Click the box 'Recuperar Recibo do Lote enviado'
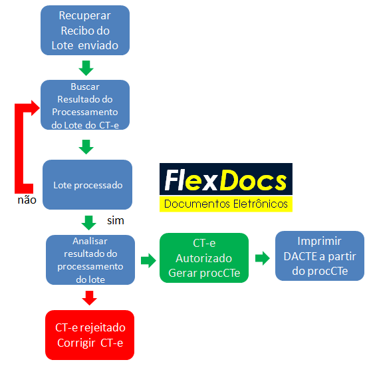pyautogui.click(x=84, y=31)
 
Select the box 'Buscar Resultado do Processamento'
pyautogui.click(x=84, y=105)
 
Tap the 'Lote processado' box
pyautogui.click(x=88, y=184)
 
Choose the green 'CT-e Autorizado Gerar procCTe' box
pyautogui.click(x=203, y=258)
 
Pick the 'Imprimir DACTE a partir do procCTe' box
pyautogui.click(x=320, y=256)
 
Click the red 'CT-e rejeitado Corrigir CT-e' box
pyautogui.click(x=90, y=333)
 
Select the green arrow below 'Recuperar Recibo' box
pyautogui.click(x=85, y=68)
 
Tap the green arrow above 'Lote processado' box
pyautogui.click(x=85, y=146)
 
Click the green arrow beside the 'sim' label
pyautogui.click(x=89, y=222)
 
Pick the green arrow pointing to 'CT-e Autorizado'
pyautogui.click(x=147, y=259)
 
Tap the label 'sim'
pyautogui.click(x=116, y=220)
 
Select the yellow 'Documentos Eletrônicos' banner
pyautogui.click(x=225, y=204)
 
